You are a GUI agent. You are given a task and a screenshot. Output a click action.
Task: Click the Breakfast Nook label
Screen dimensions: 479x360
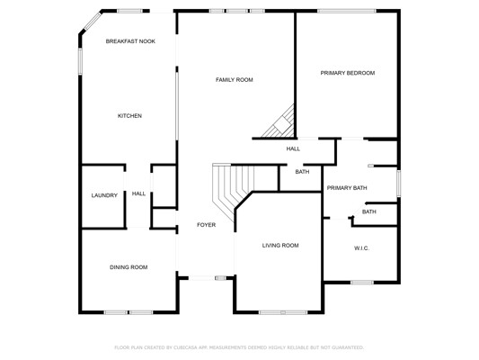coord(130,41)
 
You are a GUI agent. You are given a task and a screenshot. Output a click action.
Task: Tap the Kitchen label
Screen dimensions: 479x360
coord(129,116)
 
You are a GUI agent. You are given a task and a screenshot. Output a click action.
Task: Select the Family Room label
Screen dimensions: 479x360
coord(235,80)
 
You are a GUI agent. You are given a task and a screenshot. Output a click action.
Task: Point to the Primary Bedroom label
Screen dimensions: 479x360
coord(348,73)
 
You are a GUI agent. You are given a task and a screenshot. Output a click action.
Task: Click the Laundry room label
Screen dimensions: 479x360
coord(104,195)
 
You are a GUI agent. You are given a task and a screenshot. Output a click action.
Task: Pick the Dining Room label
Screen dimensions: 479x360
coord(129,267)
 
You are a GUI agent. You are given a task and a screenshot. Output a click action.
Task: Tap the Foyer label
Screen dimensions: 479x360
coord(207,225)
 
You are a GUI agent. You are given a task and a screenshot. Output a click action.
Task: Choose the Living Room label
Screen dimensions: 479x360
coord(280,246)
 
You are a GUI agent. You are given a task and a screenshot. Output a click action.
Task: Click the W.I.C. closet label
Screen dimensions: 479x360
coord(361,248)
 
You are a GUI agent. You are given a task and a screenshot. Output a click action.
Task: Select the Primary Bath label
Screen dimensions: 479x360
coord(347,188)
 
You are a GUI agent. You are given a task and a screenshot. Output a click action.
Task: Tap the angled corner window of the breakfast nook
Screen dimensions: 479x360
coord(93,21)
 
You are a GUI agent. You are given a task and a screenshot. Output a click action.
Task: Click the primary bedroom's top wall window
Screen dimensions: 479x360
coord(347,11)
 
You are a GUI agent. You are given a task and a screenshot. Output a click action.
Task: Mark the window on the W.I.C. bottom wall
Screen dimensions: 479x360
coord(362,283)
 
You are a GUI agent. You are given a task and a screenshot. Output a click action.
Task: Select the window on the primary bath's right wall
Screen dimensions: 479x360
coord(399,184)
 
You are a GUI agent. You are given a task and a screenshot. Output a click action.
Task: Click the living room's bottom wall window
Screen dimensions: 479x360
coord(283,312)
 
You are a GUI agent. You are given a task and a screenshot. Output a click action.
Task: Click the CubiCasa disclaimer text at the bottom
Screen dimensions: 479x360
coord(239,347)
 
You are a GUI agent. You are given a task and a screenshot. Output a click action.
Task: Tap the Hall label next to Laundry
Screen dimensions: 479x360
coord(138,193)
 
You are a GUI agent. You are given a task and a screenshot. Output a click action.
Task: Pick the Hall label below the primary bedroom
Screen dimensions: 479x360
coord(293,149)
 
